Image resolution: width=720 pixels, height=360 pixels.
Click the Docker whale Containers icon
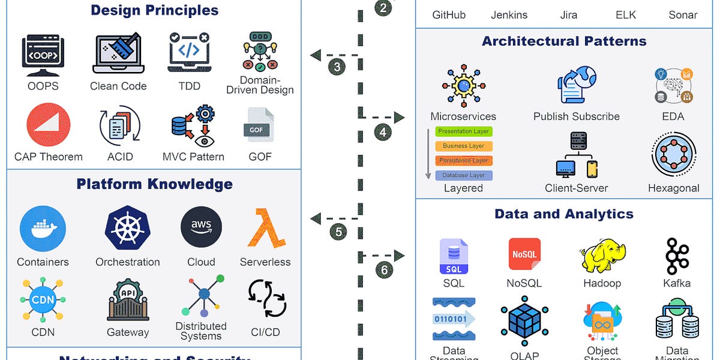pyautogui.click(x=42, y=229)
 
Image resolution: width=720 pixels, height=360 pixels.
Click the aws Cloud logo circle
pyautogui.click(x=201, y=229)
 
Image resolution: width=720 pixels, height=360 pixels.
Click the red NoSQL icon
pyautogui.click(x=524, y=255)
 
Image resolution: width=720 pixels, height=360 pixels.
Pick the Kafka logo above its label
pyautogui.click(x=677, y=256)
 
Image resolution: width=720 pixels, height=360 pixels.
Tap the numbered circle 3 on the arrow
pyautogui.click(x=337, y=67)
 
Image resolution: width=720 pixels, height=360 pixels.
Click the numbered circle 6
pyautogui.click(x=385, y=269)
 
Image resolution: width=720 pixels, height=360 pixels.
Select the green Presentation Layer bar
pyautogui.click(x=464, y=131)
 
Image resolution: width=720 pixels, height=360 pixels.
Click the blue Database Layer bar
pyautogui.click(x=464, y=175)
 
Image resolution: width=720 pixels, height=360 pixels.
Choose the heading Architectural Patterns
pyautogui.click(x=564, y=41)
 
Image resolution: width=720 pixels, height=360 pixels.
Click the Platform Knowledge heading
pyautogui.click(x=154, y=184)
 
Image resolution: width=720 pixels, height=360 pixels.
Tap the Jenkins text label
pyautogui.click(x=509, y=15)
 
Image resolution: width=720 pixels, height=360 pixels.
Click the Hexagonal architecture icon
pyautogui.click(x=673, y=155)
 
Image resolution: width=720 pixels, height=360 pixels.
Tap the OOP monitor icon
pyautogui.click(x=43, y=55)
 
